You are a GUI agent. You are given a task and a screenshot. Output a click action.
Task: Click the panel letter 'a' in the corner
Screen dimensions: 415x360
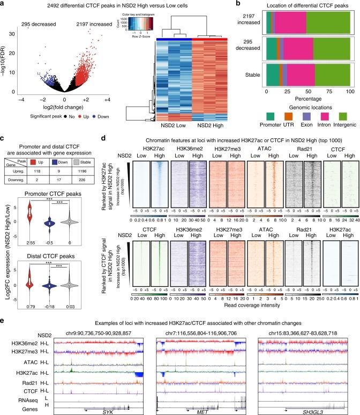[4, 4]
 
